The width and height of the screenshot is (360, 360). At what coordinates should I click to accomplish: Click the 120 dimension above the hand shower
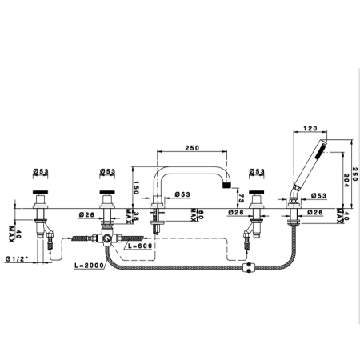point(310,128)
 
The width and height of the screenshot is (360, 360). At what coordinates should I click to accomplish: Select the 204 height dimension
point(346,180)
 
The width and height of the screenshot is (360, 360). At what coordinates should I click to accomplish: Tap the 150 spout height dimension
point(136,187)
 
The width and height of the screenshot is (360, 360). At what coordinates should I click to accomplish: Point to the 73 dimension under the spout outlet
point(241,198)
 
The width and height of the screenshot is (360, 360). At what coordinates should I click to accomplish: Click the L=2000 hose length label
point(89,266)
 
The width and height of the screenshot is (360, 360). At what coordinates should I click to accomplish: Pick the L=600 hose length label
point(140,246)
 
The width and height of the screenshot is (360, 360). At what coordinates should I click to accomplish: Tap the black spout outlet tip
point(227,185)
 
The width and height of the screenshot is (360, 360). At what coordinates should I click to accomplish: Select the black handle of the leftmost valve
point(41,192)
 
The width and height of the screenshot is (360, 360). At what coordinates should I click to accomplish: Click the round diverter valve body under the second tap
point(107,238)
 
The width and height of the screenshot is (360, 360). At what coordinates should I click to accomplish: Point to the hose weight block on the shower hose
point(249,267)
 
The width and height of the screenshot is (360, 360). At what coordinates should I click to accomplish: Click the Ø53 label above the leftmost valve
point(41,171)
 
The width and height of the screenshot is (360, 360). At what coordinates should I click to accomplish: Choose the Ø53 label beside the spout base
point(182,194)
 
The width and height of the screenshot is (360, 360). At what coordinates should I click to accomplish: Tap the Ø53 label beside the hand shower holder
point(319,195)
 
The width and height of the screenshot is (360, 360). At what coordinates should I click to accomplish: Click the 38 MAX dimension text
point(130,216)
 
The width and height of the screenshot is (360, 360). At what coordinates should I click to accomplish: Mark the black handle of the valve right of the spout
point(257,192)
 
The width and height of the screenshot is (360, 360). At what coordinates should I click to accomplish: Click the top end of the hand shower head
point(324,140)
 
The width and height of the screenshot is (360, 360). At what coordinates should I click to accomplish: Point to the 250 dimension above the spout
point(192,147)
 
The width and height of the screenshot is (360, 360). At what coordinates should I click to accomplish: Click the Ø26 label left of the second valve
point(86,214)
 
